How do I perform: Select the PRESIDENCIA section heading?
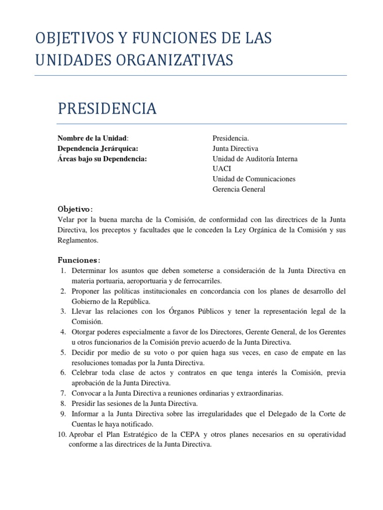tap(107, 109)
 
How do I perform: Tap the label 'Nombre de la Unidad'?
tap(93, 138)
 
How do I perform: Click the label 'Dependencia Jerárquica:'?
tap(98, 148)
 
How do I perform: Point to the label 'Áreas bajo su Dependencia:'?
tap(102, 159)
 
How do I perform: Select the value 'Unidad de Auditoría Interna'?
tap(254, 159)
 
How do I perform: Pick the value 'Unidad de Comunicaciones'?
tap(254, 179)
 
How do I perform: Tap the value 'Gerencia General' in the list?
tap(239, 189)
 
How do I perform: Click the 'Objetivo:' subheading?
tap(75, 209)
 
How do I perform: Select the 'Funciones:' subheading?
tap(79, 260)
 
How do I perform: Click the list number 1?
tap(63, 270)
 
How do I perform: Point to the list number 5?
tap(63, 352)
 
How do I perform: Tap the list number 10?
tap(62, 434)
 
